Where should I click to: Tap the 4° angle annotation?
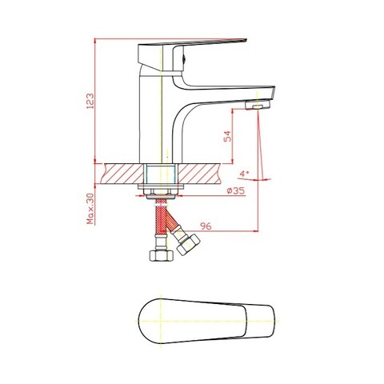[245, 173]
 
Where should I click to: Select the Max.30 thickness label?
[90, 209]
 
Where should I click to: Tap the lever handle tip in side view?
[234, 37]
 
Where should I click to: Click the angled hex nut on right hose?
[188, 245]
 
